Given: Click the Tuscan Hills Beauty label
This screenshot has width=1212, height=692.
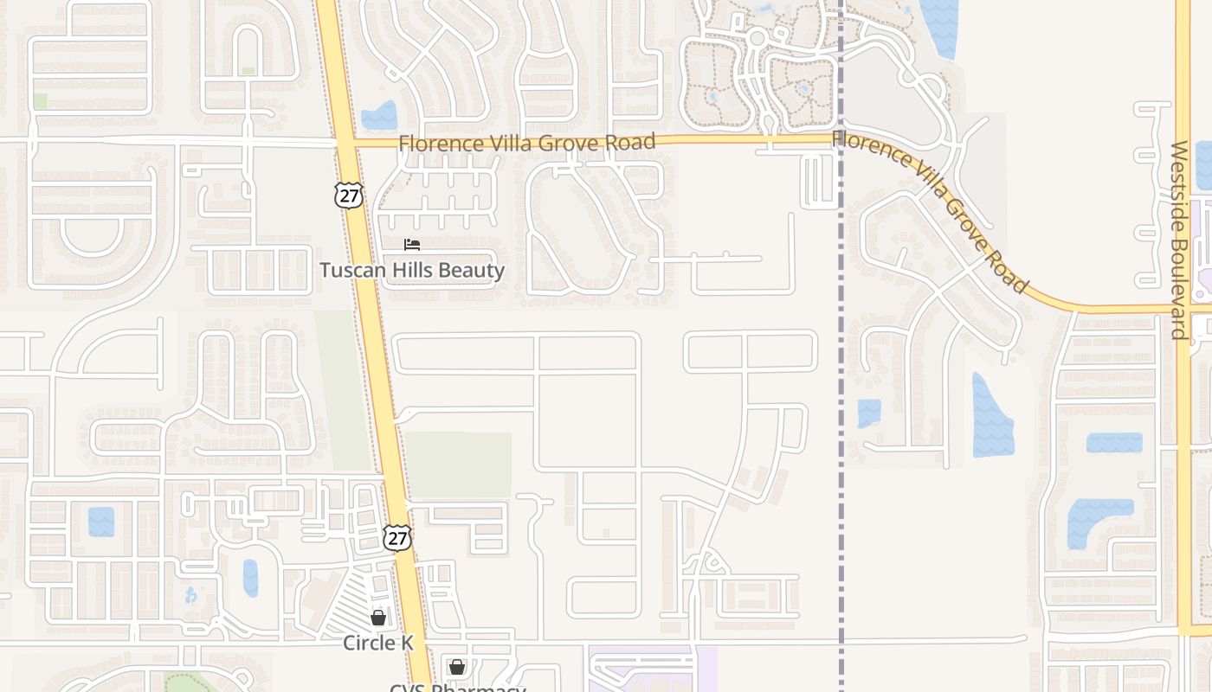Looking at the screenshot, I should tap(412, 270).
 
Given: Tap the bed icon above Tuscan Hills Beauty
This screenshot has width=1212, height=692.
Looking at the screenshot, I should tap(412, 245).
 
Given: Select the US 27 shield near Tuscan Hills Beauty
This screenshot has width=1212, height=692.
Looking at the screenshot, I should tap(348, 195).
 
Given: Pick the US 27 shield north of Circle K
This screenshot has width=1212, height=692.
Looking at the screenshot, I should tap(396, 537).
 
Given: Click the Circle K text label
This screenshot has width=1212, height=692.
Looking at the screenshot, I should tap(378, 643).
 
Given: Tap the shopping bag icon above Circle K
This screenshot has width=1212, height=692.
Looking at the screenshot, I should tap(378, 617).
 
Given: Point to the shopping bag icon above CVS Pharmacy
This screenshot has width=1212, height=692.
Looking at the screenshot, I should tap(457, 667).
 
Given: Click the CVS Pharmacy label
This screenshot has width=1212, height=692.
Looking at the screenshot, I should tap(457, 688).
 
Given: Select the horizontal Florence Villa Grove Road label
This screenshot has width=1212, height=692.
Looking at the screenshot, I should tap(526, 143).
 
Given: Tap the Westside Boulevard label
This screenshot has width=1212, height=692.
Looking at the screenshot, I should tap(1179, 240).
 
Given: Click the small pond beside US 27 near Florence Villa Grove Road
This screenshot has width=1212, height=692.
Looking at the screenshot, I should tap(379, 116).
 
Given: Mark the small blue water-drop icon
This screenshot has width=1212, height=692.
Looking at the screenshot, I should tap(190, 595).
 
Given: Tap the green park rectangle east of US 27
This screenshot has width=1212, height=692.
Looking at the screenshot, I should tap(459, 465).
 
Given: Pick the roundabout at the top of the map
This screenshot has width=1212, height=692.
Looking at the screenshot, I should tap(757, 38).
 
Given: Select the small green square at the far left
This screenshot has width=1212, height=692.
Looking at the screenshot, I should tap(40, 101).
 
